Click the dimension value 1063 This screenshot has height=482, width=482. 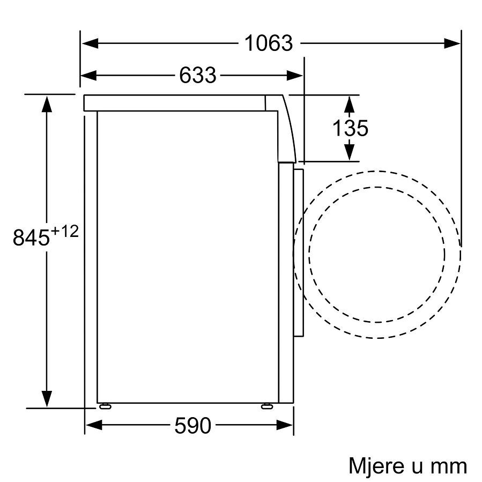click(x=269, y=43)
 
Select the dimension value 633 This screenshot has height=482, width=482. click(x=197, y=76)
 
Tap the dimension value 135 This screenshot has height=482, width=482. click(x=350, y=128)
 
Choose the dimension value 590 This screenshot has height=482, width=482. click(x=193, y=426)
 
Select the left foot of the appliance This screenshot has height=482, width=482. click(x=105, y=406)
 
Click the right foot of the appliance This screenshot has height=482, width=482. click(x=266, y=406)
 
